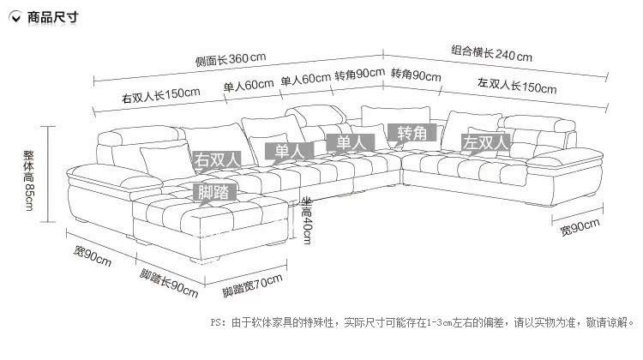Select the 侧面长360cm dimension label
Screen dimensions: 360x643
230,58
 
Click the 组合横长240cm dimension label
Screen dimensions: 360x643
492,54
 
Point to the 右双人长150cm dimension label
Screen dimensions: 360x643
162,94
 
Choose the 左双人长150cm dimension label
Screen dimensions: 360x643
516,86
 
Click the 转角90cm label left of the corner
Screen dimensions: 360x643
358,75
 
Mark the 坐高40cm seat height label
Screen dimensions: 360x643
306,219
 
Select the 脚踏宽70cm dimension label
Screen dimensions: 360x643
252,285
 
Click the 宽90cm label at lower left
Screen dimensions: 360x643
93,255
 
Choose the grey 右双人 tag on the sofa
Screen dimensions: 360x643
217,159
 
